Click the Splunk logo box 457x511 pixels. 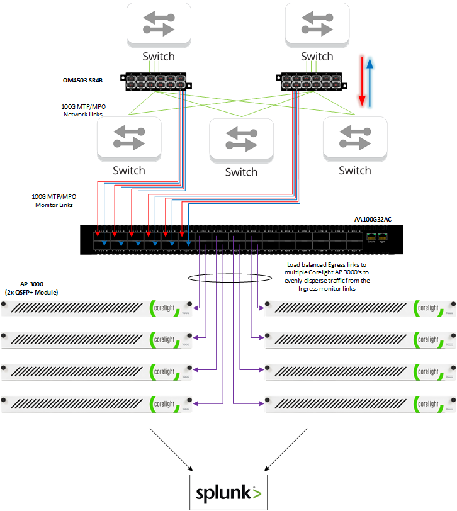tap(229, 491)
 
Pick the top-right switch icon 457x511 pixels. tap(317, 24)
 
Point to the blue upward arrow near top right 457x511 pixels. tap(371, 81)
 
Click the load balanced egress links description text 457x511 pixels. tap(327, 277)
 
